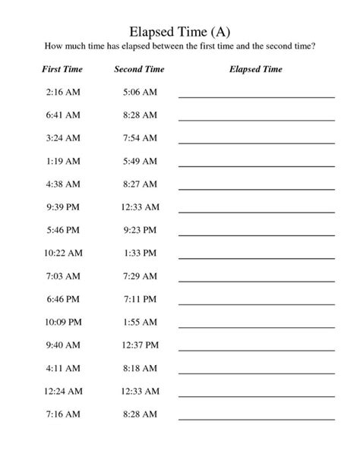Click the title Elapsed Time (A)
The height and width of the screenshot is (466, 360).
179,32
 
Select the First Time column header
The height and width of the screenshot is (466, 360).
62,69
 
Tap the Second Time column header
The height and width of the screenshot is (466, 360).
139,69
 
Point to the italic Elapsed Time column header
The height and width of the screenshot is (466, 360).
256,69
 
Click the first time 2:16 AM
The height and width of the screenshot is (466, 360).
62,92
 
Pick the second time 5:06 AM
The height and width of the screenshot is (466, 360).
139,92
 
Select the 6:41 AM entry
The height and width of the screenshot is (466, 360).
62,115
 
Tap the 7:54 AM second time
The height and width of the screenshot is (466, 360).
139,138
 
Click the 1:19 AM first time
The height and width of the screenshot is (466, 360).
62,161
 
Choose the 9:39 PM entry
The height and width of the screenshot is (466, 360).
62,207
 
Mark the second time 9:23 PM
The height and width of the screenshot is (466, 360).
139,230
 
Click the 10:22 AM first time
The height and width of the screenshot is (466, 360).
62,253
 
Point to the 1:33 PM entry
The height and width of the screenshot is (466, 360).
139,253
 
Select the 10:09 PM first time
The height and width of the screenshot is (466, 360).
62,322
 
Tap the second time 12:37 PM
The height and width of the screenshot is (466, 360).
139,345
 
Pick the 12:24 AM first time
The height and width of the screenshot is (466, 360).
62,391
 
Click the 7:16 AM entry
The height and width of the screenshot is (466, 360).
62,414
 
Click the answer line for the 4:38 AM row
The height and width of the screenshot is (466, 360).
256,189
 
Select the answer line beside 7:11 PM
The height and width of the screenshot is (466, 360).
256,304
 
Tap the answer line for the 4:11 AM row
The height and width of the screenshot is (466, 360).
256,373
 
